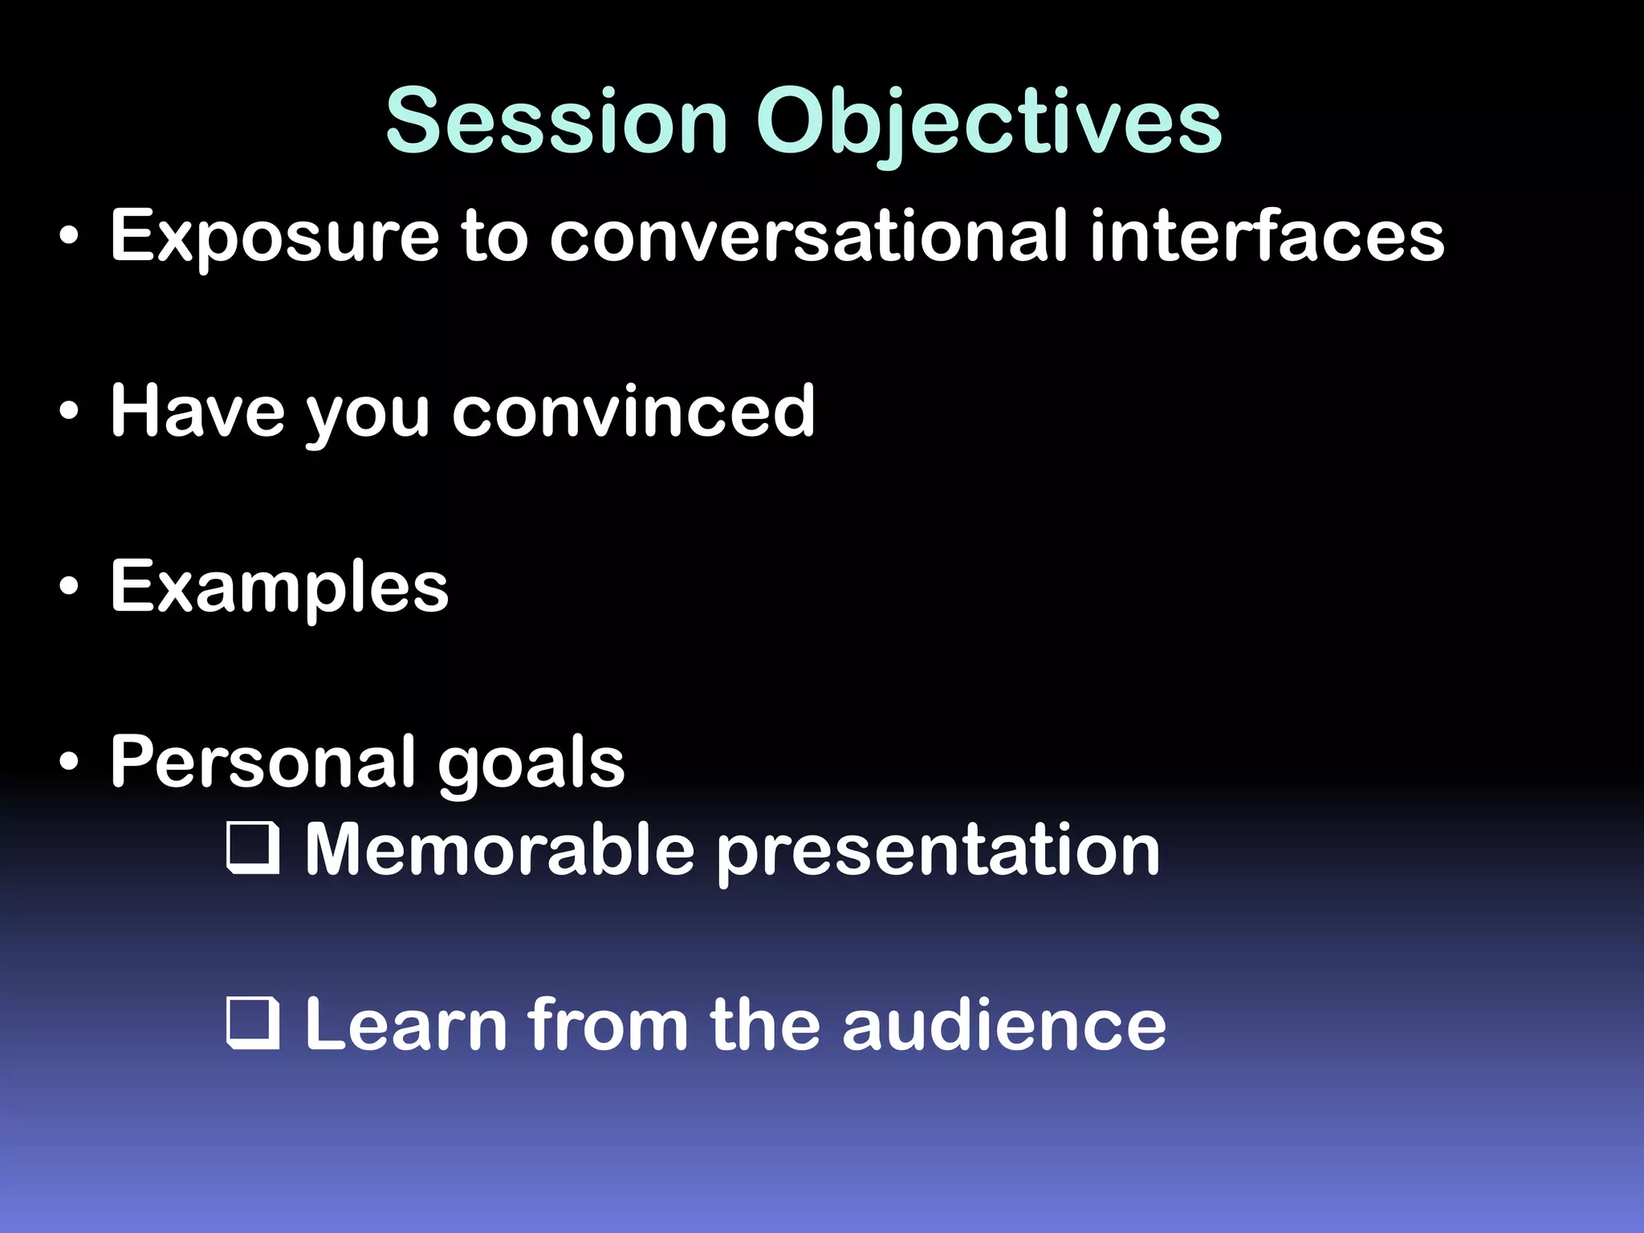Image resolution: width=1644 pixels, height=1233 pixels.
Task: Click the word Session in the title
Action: click(556, 121)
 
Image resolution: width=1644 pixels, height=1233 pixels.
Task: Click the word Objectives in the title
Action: click(988, 123)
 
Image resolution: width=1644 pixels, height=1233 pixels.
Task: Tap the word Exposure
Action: click(274, 237)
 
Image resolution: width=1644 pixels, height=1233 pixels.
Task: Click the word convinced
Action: click(633, 411)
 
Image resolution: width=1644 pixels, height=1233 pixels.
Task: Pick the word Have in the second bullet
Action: click(197, 411)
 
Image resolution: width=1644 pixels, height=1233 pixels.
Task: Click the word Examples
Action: click(279, 588)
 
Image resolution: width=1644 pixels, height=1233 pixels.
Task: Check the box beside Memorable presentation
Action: click(253, 848)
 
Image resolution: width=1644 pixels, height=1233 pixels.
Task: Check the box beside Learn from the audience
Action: click(253, 1023)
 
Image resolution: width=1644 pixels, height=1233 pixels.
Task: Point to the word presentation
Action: click(938, 853)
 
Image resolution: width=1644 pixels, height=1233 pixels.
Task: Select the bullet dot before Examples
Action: click(69, 588)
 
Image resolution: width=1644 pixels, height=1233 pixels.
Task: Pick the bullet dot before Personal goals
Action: click(69, 763)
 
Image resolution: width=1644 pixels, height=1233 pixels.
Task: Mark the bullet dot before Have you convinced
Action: click(69, 412)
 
